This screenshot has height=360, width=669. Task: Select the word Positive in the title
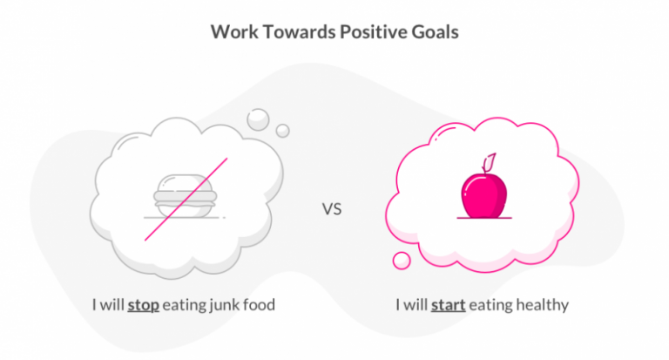click(369, 31)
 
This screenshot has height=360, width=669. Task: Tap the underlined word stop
click(142, 306)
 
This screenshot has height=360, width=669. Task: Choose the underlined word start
click(447, 306)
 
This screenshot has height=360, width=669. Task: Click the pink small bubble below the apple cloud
click(402, 260)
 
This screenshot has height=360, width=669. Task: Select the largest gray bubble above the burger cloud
click(259, 118)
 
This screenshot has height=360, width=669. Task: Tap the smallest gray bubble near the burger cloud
click(282, 131)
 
